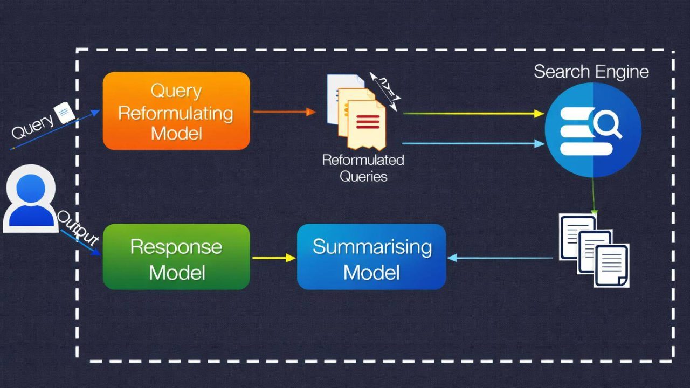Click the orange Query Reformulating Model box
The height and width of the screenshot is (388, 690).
tap(176, 110)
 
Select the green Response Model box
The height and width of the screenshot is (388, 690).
tap(176, 257)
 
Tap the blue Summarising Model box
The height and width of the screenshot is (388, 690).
tap(371, 257)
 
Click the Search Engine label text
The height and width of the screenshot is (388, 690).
tap(591, 72)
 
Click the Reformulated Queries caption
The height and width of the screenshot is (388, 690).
tap(363, 168)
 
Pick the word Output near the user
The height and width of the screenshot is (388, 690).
tap(79, 227)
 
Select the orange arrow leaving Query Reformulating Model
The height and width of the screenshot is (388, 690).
tap(284, 112)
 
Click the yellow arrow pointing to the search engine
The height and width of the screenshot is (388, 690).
tap(473, 114)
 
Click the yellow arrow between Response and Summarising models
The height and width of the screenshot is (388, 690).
tap(274, 258)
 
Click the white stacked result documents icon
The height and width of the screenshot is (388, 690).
tap(594, 250)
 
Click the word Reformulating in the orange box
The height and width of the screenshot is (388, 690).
tap(176, 113)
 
